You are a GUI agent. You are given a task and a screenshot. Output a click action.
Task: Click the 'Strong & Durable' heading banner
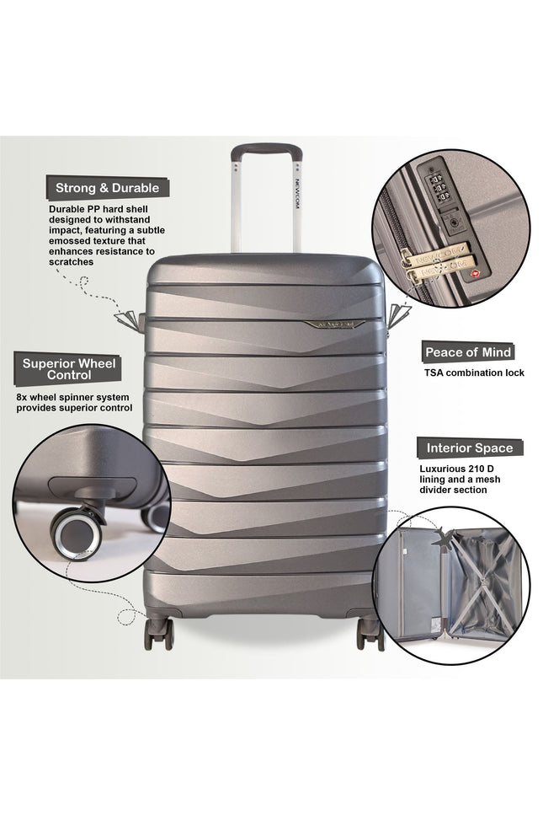point(106,187)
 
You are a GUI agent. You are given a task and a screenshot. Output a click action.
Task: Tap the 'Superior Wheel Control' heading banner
point(70,368)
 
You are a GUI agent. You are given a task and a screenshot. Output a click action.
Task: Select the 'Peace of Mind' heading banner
point(468,351)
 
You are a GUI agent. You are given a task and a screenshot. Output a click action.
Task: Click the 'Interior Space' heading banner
point(469,448)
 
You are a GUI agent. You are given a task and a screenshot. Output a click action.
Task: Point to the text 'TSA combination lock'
point(474,372)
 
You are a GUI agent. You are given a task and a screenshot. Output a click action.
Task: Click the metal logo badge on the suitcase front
point(337,323)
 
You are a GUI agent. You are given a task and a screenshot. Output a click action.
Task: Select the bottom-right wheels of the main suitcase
point(370,633)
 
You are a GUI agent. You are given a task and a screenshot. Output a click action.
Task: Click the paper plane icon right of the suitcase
point(402,314)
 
